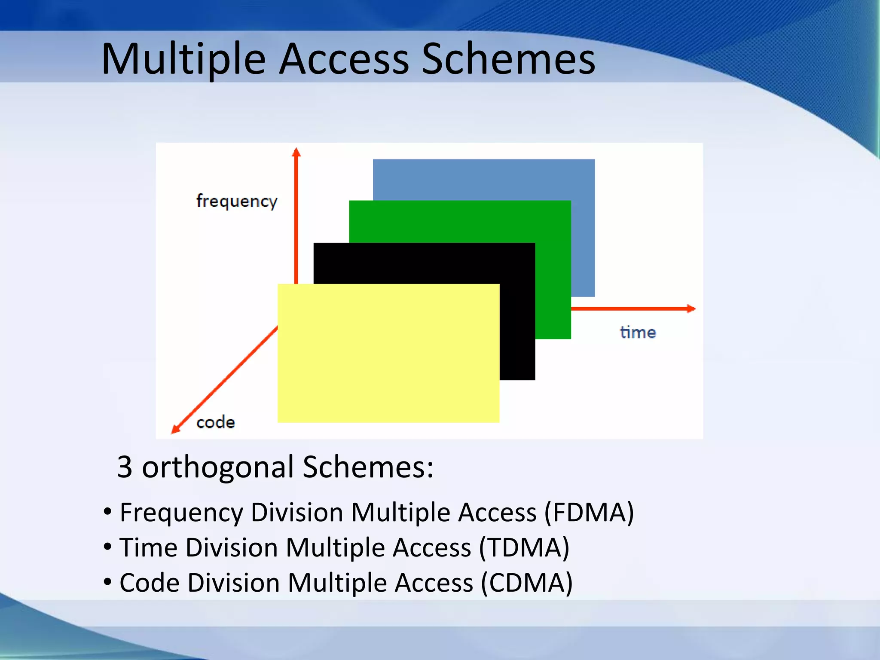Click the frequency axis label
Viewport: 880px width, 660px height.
pos(237,201)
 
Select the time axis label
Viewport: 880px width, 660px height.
pos(638,333)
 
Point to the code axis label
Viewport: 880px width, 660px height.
pos(215,422)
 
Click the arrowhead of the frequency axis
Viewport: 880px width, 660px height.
pos(296,152)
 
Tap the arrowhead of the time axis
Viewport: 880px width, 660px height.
pos(691,309)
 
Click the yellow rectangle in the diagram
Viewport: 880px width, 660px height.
pos(388,353)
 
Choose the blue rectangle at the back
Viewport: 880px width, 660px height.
pos(483,179)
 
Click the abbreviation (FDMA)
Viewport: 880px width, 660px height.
pos(589,512)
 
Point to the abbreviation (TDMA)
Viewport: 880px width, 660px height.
pos(524,547)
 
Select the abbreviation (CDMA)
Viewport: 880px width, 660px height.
pos(526,583)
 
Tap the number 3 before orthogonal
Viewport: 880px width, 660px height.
pos(124,467)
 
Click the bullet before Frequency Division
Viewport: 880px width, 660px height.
pos(107,512)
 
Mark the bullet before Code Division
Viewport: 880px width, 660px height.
pos(107,583)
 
